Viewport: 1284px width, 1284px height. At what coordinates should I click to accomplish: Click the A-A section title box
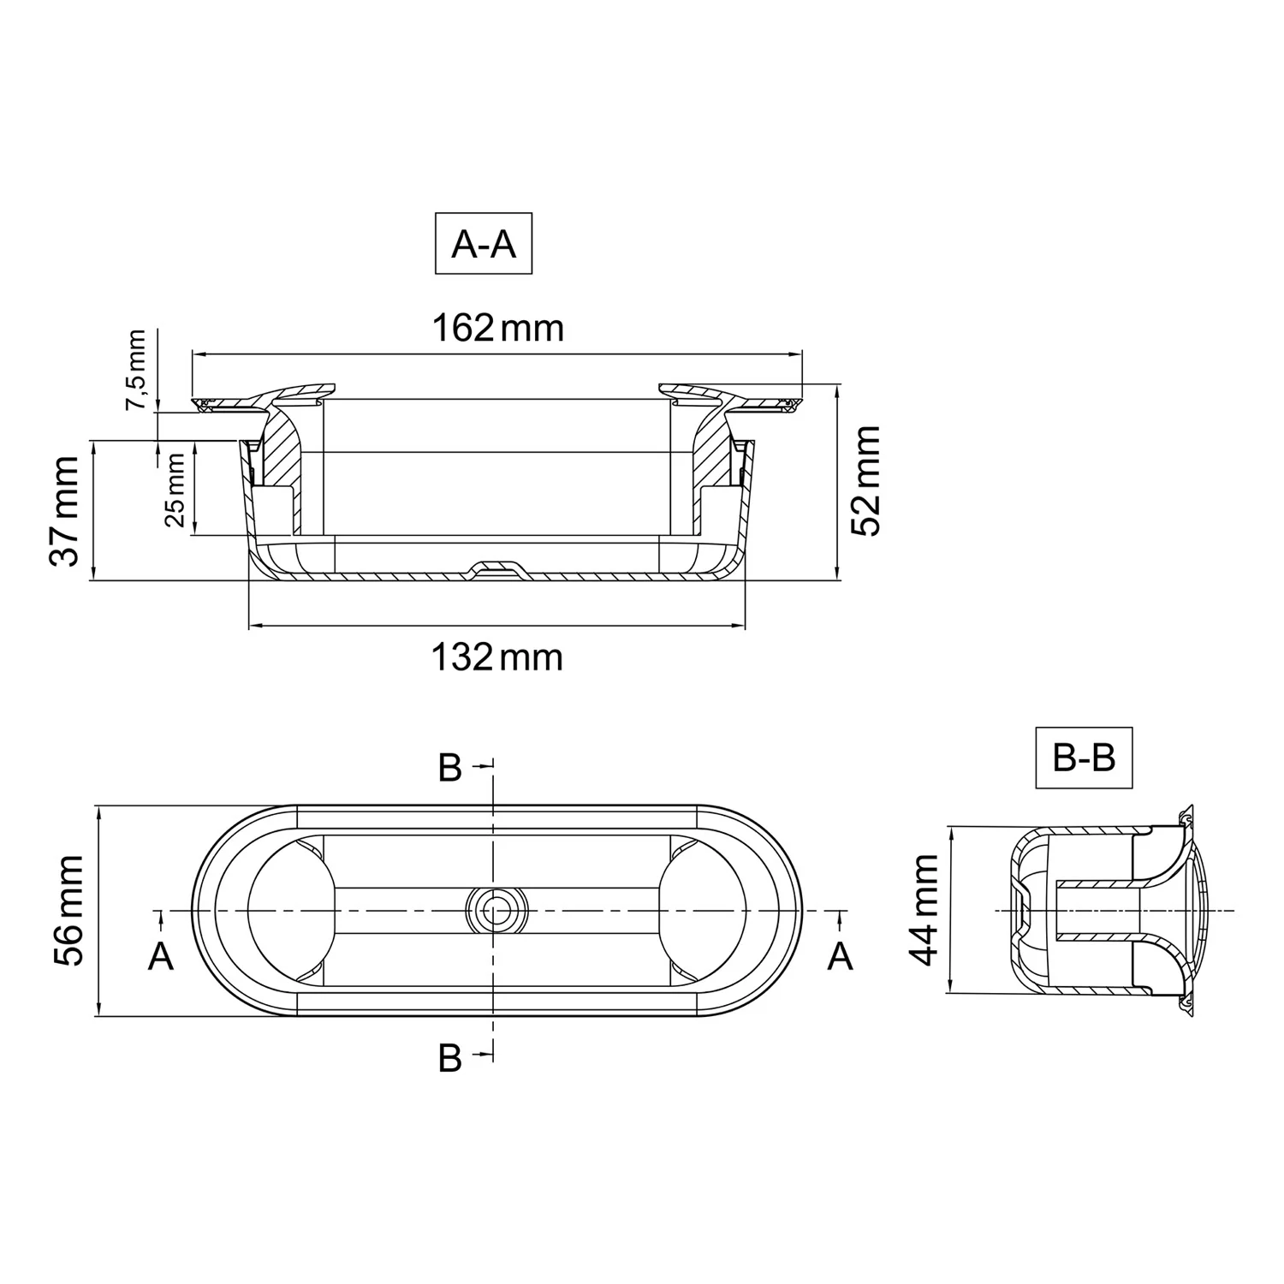[484, 244]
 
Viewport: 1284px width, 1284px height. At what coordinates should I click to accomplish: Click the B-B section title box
[1084, 757]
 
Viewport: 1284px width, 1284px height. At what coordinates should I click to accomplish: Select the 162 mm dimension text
[497, 328]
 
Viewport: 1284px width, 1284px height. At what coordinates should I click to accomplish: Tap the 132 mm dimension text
[496, 657]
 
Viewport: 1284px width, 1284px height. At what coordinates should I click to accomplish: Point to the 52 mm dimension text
[866, 481]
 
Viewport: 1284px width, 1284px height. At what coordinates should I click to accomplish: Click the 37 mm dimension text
[65, 511]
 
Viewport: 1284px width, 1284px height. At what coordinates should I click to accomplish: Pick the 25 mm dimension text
[175, 490]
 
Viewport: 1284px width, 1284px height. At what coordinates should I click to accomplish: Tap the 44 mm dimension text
[924, 909]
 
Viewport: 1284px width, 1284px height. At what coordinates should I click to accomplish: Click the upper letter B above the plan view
[449, 769]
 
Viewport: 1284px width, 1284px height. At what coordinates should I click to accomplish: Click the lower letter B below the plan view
[449, 1059]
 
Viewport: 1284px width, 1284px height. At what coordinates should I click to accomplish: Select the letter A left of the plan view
[161, 956]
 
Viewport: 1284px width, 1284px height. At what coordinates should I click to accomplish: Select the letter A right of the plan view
[840, 956]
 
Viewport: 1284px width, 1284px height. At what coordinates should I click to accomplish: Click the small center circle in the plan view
[494, 910]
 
